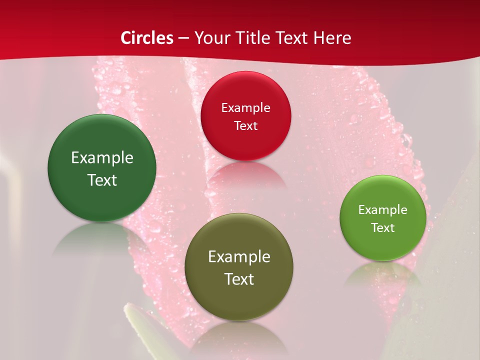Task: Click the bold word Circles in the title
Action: pos(147,38)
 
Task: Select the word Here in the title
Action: pos(332,38)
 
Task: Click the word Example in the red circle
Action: pos(245,107)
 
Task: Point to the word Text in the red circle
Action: pos(245,125)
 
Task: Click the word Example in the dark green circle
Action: pos(102,157)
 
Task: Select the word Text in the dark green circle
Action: pos(102,180)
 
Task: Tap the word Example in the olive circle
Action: pos(239,256)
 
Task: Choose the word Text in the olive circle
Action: pos(239,279)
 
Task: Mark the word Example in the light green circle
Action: pos(383,209)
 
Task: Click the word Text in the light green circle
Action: pos(383,227)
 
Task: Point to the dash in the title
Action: pos(183,38)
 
